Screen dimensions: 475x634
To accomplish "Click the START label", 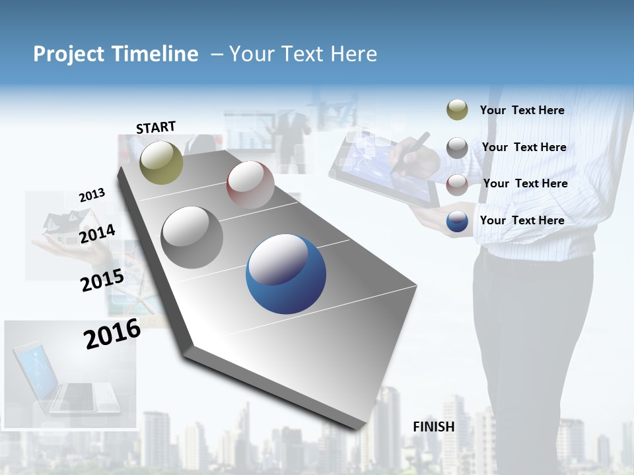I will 156,127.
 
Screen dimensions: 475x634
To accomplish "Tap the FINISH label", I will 434,427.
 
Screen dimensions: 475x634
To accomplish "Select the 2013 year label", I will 92,195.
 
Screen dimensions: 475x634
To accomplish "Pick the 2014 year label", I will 97,234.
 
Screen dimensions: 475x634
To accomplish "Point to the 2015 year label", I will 102,280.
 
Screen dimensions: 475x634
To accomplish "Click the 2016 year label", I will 112,334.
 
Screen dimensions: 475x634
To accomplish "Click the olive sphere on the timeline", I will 162,162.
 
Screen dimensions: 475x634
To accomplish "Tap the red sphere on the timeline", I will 250,185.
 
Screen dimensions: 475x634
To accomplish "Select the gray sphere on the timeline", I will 192,237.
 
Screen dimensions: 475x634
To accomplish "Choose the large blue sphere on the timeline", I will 286,274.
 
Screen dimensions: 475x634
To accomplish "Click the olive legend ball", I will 457,110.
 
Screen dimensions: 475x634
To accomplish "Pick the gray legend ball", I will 457,148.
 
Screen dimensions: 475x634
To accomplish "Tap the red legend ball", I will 457,184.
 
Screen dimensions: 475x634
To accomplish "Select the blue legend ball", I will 457,221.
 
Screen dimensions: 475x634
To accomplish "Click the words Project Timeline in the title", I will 116,54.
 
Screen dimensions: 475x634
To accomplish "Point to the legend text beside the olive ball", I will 522,111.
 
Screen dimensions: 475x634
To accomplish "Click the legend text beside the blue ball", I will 522,220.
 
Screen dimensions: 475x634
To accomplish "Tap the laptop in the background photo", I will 66,379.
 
